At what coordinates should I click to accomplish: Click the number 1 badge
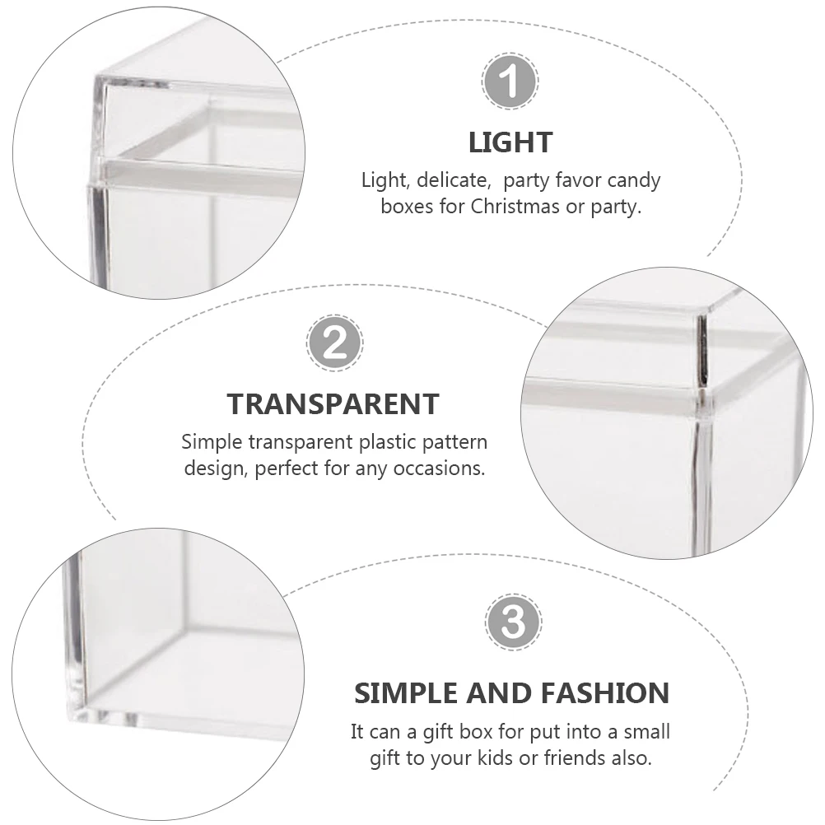point(510,81)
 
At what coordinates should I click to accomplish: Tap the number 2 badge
point(334,343)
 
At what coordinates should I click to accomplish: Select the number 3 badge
point(513,622)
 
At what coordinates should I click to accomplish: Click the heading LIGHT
point(510,142)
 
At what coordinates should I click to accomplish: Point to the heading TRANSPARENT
point(333,404)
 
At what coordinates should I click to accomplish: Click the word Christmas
point(515,206)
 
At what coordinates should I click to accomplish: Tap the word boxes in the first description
point(408,206)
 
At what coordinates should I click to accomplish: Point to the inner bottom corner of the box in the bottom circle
point(182,629)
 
